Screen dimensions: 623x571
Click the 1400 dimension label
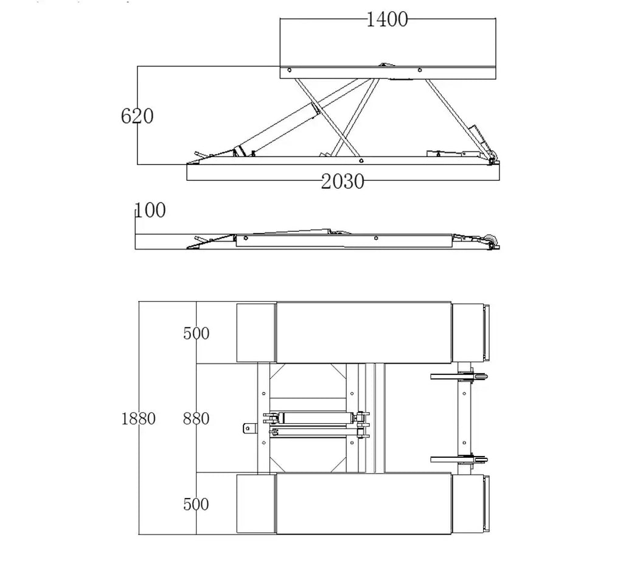tap(386, 19)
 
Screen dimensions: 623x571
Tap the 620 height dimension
tap(137, 116)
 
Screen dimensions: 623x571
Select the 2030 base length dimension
tap(343, 182)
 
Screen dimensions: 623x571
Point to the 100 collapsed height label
tap(151, 211)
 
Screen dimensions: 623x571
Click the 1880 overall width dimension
tap(138, 418)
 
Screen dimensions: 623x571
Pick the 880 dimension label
tap(197, 418)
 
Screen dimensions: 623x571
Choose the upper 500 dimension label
tap(197, 333)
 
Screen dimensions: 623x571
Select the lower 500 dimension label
tap(197, 504)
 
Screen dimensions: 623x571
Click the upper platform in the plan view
tap(364, 332)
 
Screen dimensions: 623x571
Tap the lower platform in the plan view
tap(364, 504)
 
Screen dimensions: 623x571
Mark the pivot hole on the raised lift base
tap(361, 161)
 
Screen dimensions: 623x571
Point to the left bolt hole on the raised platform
tap(289, 71)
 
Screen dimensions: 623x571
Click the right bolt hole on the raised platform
tap(420, 71)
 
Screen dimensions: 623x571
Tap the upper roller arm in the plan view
tap(459, 376)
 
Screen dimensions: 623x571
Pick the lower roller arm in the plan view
tap(459, 460)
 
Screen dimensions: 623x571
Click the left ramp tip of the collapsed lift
tap(187, 248)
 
